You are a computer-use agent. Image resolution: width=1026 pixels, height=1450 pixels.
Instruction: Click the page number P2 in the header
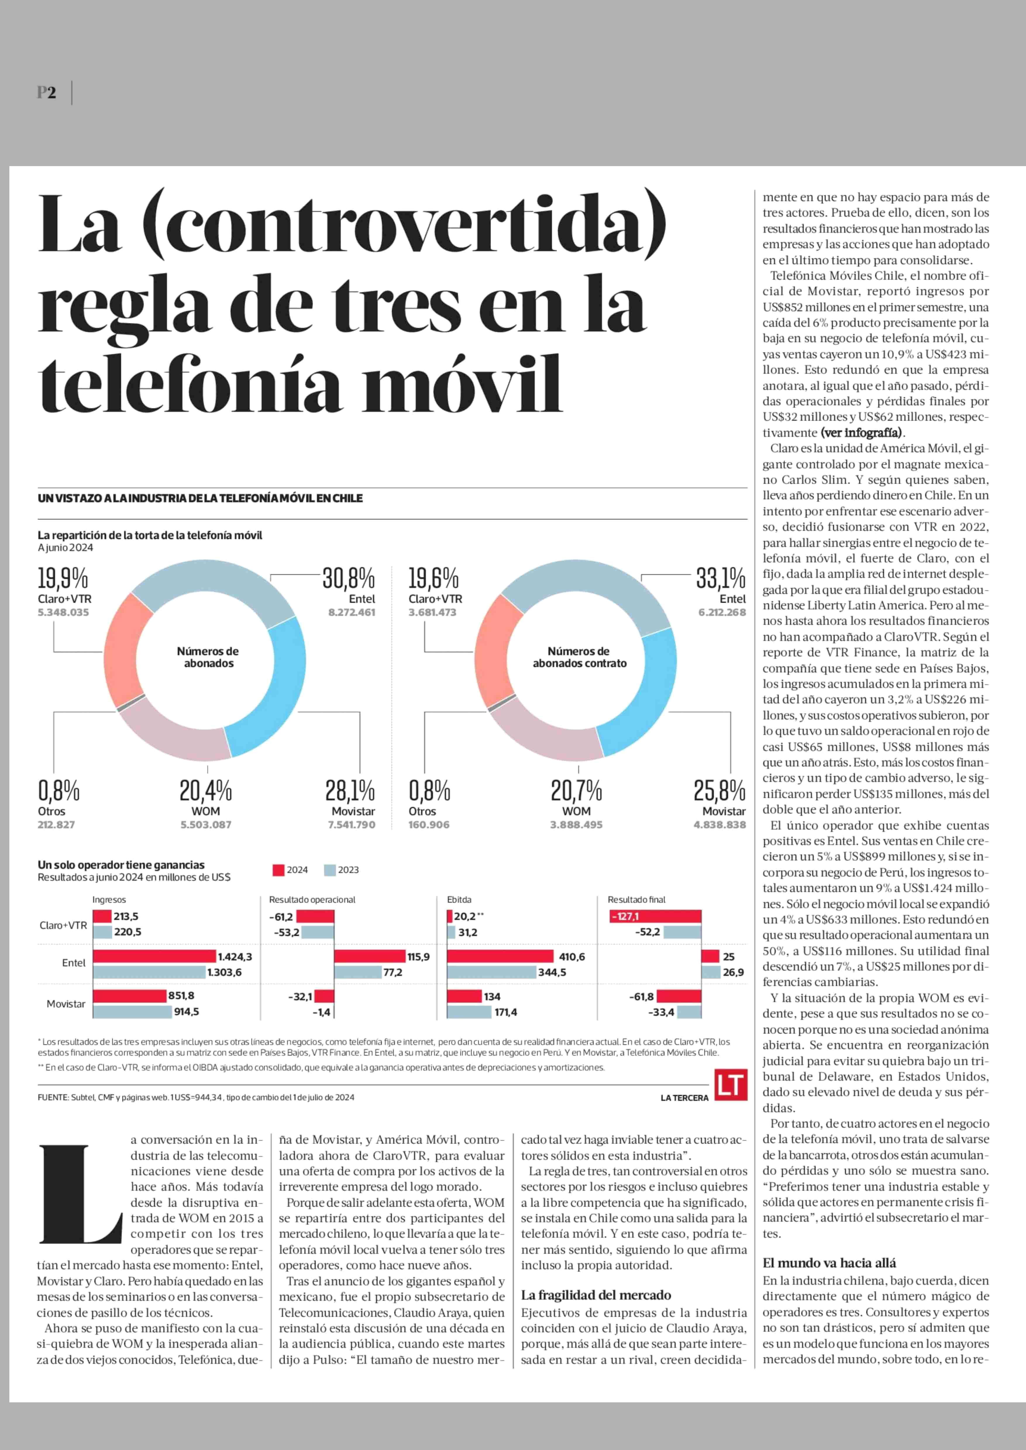pos(46,93)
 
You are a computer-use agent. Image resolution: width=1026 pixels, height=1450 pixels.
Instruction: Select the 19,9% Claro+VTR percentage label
pos(63,578)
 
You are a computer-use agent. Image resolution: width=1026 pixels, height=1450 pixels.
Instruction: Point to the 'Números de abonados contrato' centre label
pos(579,657)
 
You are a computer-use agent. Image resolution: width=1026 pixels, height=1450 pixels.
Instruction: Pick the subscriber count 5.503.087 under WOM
pos(206,824)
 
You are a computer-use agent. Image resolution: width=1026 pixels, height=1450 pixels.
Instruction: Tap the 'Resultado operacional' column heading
pos(312,900)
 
